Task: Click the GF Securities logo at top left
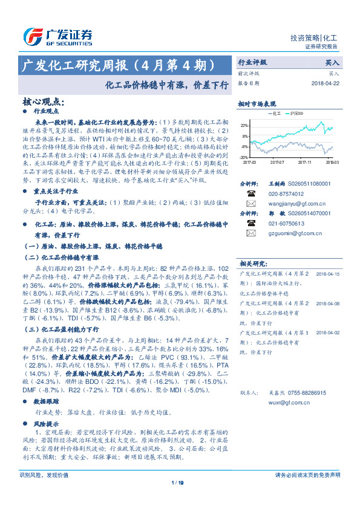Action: (58, 36)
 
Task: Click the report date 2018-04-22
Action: (326, 83)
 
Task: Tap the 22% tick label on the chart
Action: (244, 125)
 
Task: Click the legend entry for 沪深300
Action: (298, 113)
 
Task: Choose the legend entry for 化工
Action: (274, 113)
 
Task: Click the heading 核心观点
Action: (42, 103)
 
